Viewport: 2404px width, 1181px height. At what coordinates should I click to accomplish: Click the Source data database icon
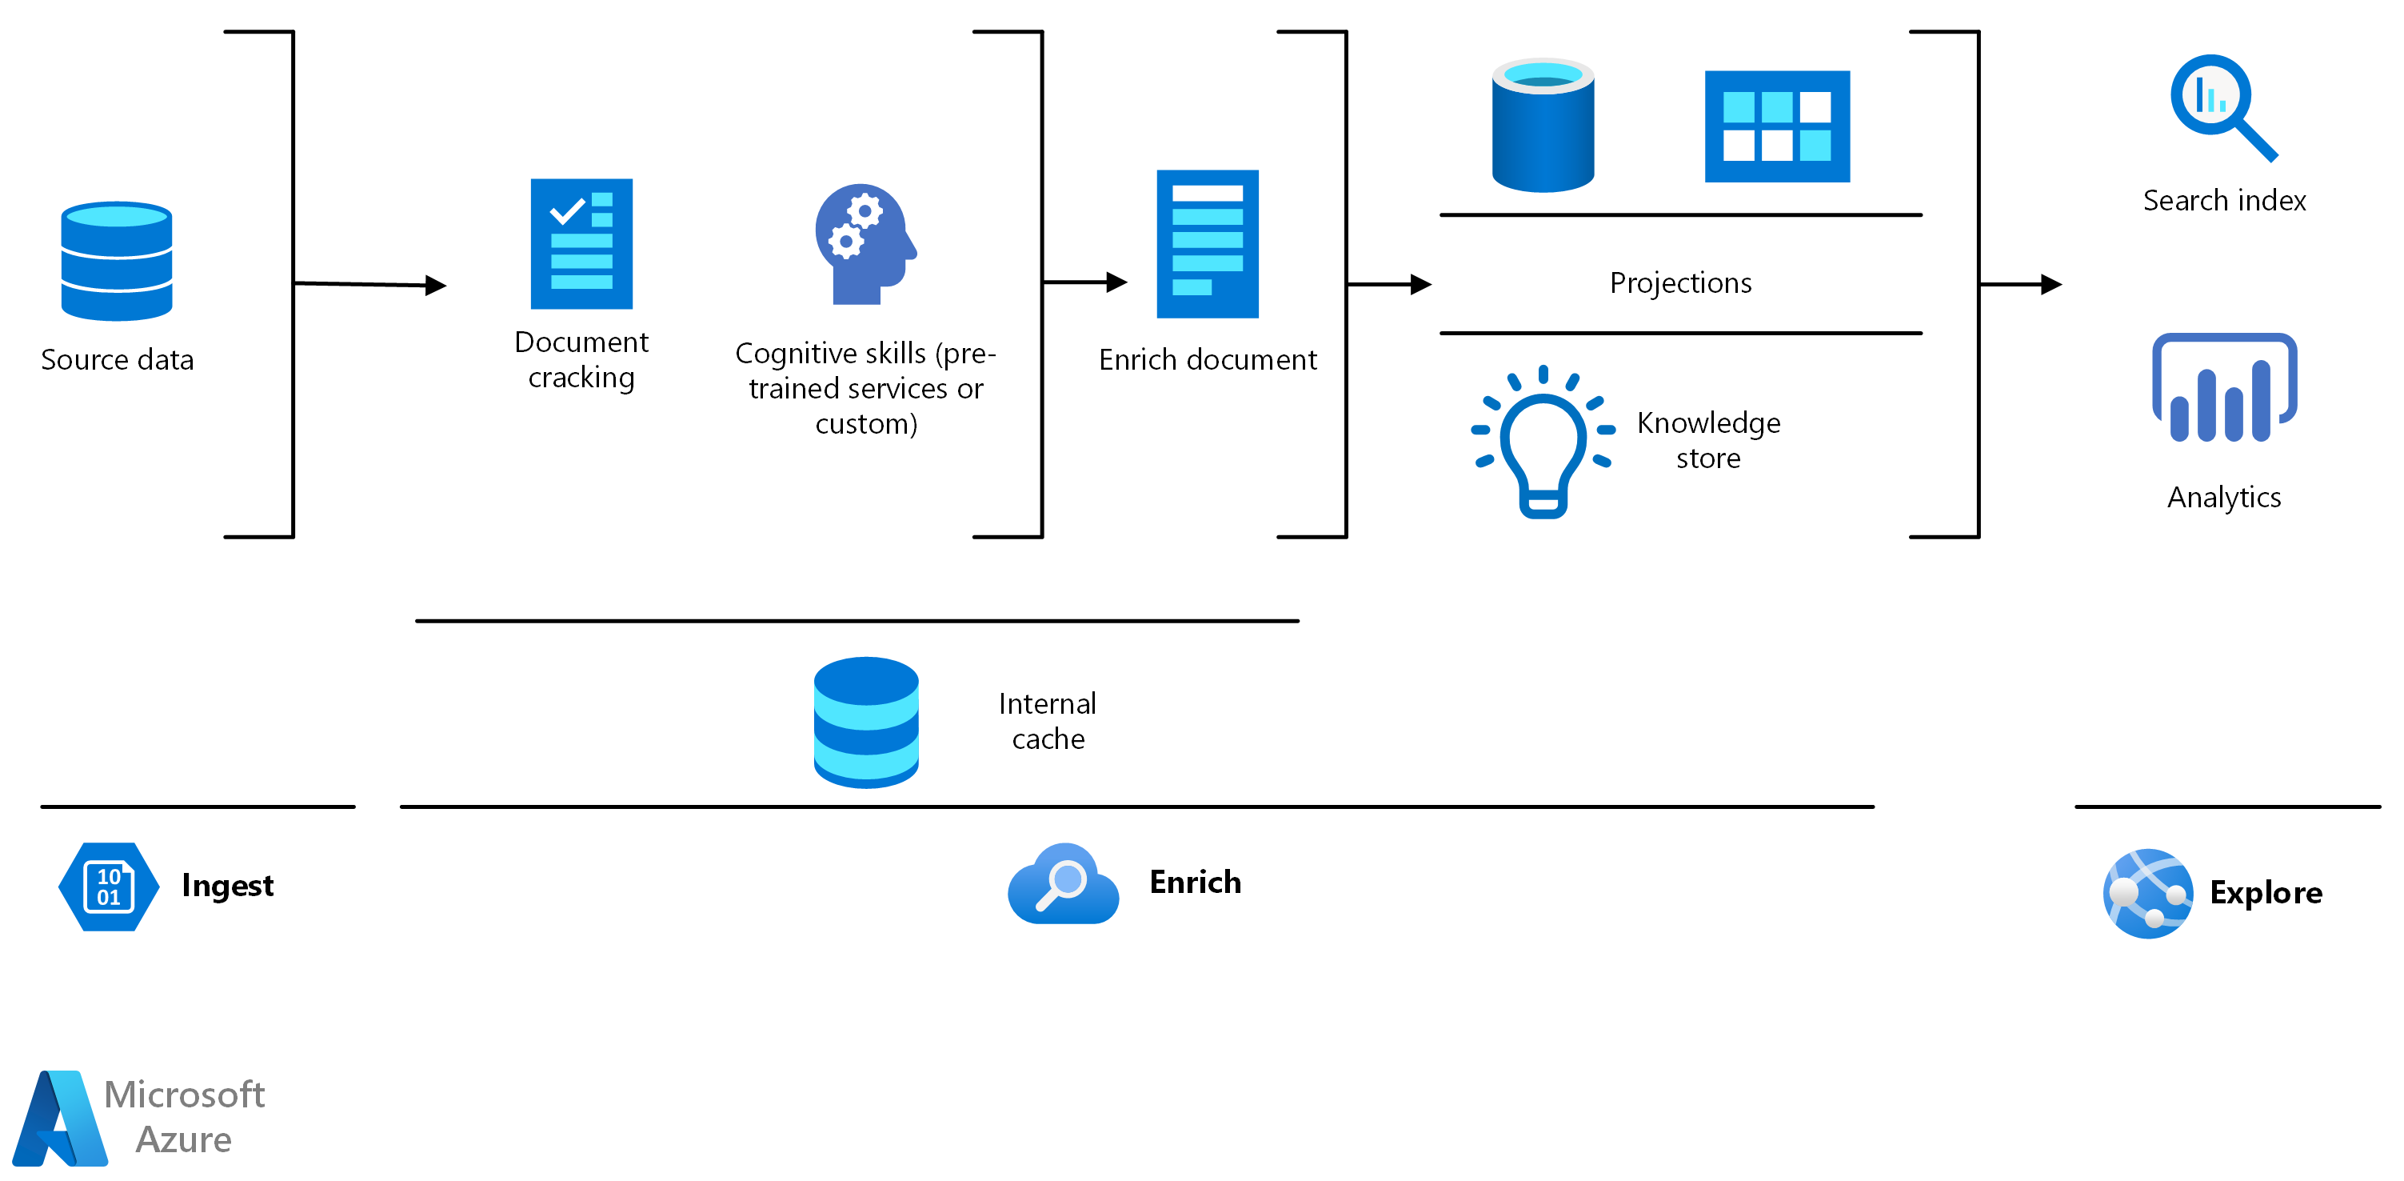(117, 262)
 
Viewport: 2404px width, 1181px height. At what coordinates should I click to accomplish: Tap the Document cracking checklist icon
(581, 244)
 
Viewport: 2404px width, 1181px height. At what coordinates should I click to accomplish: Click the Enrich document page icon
(1208, 244)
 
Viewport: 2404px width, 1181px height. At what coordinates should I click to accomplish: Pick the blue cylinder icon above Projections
(1543, 126)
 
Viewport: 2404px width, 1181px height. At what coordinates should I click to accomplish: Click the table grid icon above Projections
(1777, 126)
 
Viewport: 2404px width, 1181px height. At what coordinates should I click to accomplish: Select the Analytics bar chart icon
(2224, 388)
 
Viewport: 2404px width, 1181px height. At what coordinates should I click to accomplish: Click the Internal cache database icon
(866, 723)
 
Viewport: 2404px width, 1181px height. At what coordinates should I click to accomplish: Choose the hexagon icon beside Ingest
(108, 886)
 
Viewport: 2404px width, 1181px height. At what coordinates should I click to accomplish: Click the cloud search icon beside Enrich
(1063, 884)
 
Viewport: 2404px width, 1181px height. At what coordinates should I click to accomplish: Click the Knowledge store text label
(1707, 440)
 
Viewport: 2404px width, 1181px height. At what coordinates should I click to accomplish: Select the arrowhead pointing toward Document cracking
(436, 285)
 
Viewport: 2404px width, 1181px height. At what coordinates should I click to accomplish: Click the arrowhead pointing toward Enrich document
(1116, 282)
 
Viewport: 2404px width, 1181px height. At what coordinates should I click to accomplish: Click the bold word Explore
(2265, 892)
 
